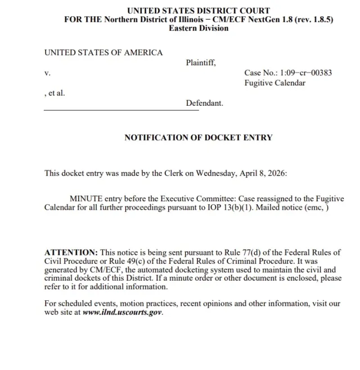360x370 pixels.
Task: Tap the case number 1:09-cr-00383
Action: click(289, 73)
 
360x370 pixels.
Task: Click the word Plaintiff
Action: click(200, 62)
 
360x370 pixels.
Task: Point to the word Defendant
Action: click(204, 103)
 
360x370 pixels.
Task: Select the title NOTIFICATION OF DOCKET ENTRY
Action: click(198, 137)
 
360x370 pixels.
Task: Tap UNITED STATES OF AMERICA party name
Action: click(103, 53)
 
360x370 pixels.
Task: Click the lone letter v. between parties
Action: click(47, 73)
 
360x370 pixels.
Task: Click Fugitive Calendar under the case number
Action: click(274, 83)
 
